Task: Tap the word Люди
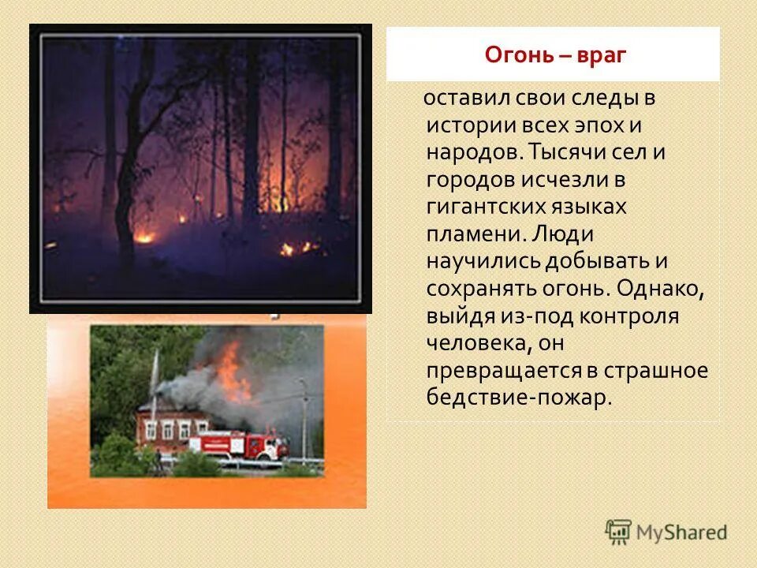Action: point(565,234)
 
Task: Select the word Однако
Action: point(661,288)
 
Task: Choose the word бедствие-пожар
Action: point(519,397)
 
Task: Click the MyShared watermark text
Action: point(682,532)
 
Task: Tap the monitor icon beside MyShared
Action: point(619,532)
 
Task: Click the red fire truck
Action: point(237,445)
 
